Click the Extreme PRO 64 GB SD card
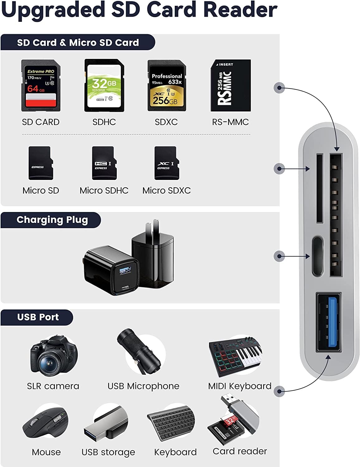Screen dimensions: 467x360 click(40, 86)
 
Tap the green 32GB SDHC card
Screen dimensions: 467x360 click(104, 86)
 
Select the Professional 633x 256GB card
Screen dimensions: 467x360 click(167, 86)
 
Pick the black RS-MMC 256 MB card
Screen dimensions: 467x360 click(230, 86)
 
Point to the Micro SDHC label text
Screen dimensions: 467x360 click(104, 191)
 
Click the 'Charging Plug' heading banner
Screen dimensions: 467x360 click(52, 220)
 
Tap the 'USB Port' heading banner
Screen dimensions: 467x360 click(38, 317)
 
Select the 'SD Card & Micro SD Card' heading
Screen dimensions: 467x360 click(78, 43)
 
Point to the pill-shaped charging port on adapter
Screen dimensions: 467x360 click(317, 256)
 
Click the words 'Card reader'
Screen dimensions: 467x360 click(239, 451)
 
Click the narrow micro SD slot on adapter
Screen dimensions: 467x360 click(319, 188)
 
